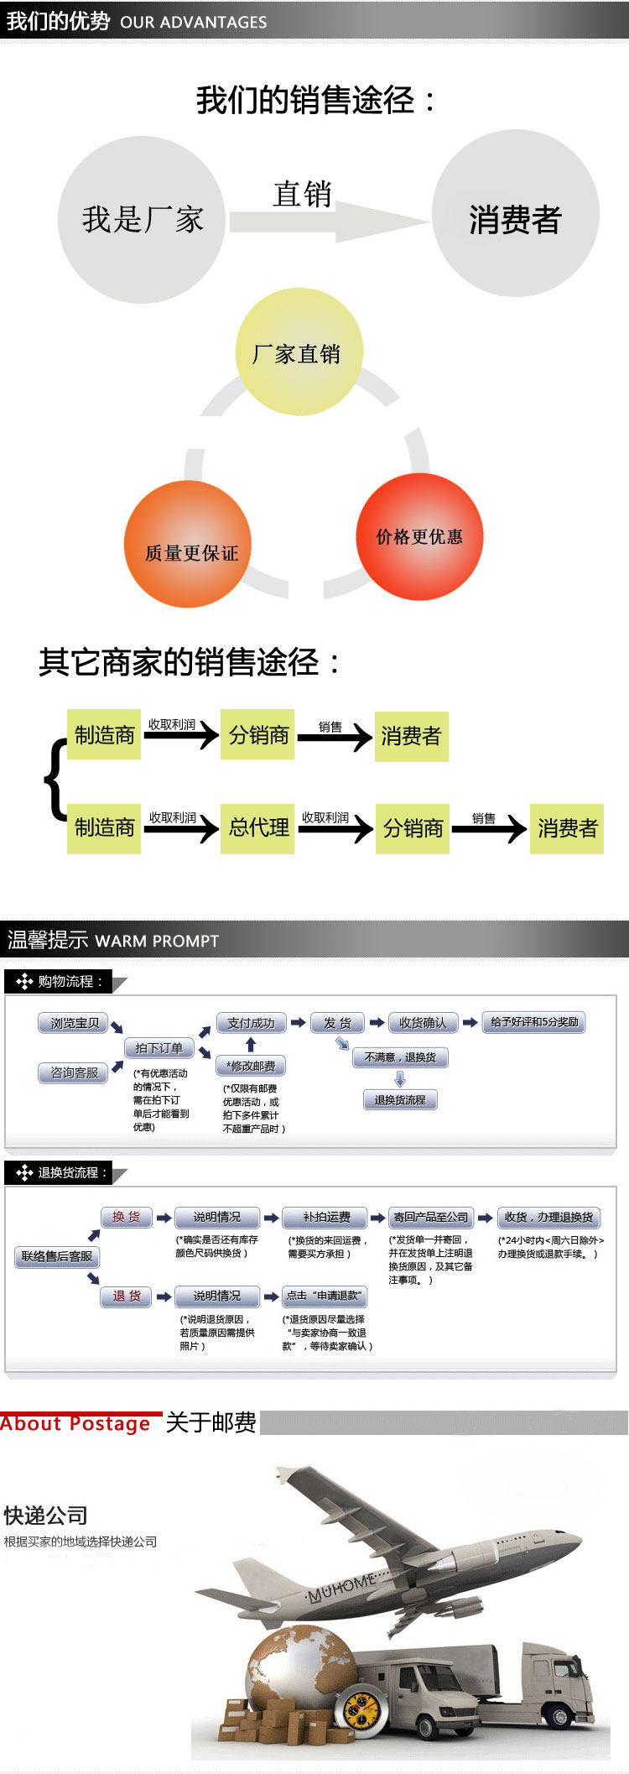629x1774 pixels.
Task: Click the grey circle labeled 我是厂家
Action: point(142,220)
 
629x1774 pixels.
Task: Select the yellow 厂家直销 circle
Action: point(298,353)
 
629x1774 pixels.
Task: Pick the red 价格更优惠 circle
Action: point(419,537)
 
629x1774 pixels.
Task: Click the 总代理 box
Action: point(257,827)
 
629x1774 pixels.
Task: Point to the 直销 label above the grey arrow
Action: point(302,195)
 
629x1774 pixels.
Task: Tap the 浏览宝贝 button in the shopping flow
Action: point(75,1023)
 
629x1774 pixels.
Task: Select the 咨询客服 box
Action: point(75,1072)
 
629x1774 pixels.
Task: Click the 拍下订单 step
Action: point(159,1048)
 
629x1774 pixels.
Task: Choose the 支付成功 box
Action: point(252,1023)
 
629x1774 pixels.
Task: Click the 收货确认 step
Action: point(423,1022)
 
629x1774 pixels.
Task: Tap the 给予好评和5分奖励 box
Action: point(533,1022)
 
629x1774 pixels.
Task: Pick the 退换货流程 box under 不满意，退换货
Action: point(400,1099)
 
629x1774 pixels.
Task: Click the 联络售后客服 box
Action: point(57,1256)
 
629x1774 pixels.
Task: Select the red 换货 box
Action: point(127,1217)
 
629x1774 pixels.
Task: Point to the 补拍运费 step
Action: point(326,1217)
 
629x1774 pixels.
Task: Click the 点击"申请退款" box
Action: point(324,1296)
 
